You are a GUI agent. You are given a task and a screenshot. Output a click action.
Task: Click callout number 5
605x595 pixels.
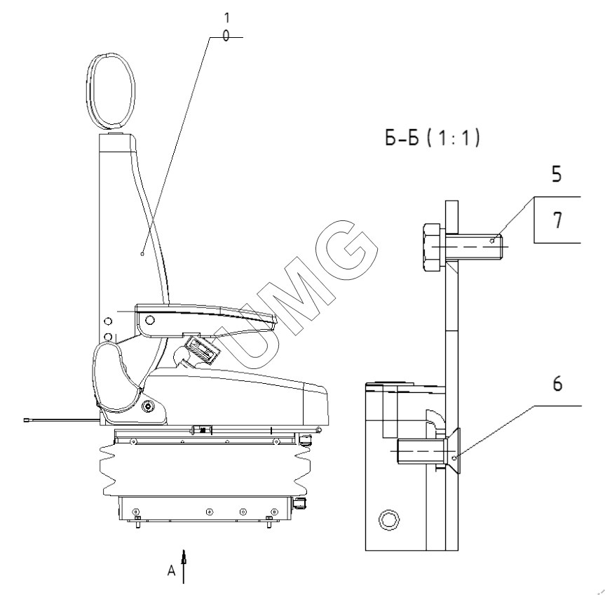pyautogui.click(x=557, y=174)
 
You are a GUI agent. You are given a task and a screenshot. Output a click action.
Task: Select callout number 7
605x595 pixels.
pyautogui.click(x=557, y=220)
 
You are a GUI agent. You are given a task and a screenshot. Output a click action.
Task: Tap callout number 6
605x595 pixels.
pyautogui.click(x=557, y=384)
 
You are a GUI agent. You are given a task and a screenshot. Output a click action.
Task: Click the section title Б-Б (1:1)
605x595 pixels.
pyautogui.click(x=433, y=138)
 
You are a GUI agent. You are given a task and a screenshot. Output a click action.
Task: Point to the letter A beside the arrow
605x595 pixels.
pyautogui.click(x=171, y=570)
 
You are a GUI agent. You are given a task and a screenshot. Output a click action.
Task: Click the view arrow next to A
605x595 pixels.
pyautogui.click(x=184, y=566)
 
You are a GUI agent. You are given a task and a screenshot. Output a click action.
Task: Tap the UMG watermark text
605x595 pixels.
pyautogui.click(x=297, y=294)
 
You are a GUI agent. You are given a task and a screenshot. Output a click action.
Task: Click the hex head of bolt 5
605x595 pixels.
pyautogui.click(x=432, y=247)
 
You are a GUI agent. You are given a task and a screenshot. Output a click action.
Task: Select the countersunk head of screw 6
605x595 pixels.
pyautogui.click(x=454, y=450)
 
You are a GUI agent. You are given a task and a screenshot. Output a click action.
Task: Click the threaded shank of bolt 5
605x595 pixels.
pyautogui.click(x=474, y=247)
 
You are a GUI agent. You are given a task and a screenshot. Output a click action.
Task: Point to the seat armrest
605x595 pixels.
pyautogui.click(x=205, y=320)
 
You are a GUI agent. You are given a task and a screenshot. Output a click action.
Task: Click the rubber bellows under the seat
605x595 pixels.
pyautogui.click(x=205, y=469)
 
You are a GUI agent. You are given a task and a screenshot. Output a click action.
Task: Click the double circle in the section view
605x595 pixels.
pyautogui.click(x=389, y=520)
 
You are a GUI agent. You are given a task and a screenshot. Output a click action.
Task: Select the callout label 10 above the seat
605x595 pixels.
pyautogui.click(x=226, y=27)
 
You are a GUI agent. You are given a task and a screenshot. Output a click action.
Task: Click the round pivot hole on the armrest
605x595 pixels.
pyautogui.click(x=150, y=320)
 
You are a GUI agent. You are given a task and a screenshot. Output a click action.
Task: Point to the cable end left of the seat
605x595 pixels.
pyautogui.click(x=28, y=420)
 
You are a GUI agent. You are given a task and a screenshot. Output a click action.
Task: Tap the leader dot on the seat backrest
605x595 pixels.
pyautogui.click(x=142, y=254)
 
